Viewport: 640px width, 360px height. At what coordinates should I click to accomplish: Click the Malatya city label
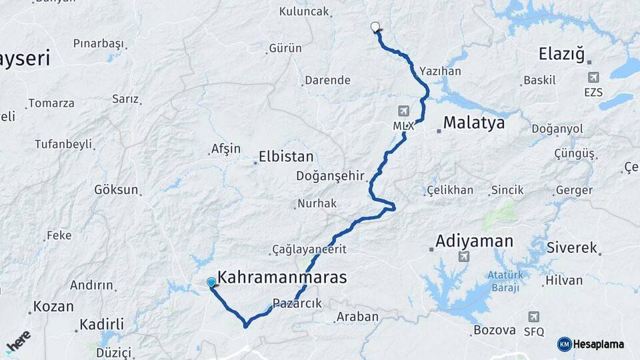pos(473,123)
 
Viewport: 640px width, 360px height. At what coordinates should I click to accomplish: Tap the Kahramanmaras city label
pos(282,277)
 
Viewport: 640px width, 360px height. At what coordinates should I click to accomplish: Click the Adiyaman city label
pos(474,241)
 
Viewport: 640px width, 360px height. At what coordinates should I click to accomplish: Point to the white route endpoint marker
pos(375,27)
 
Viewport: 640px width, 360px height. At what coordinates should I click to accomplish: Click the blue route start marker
pos(211,283)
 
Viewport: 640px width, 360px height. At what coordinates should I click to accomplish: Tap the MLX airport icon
pos(403,111)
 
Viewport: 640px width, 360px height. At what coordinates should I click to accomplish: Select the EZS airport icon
pos(593,78)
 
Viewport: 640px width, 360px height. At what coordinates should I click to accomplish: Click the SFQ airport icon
pos(533,317)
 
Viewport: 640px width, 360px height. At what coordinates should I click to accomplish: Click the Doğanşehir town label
pos(331,176)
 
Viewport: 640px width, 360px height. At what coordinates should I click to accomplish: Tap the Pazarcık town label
pos(297,303)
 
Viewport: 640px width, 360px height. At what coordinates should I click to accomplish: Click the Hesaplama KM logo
pos(591,344)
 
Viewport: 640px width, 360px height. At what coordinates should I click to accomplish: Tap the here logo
pos(19,342)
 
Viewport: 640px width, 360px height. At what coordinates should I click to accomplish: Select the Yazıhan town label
pos(440,71)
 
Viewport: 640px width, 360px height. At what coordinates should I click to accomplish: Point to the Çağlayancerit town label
pos(309,249)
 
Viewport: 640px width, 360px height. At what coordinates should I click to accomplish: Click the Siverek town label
pos(571,247)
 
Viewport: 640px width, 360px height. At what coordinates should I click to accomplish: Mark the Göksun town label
pos(116,189)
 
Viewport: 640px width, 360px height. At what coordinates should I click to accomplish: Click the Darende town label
pos(327,81)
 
